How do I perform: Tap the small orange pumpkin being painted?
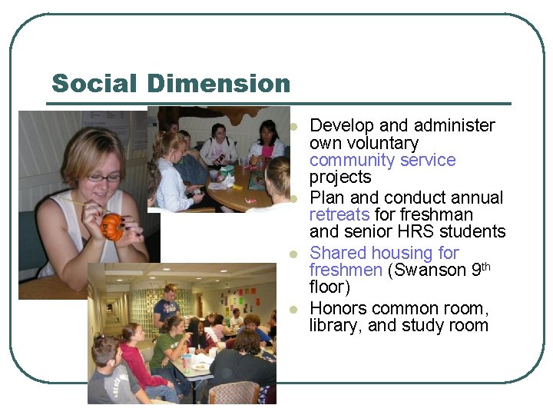[x=112, y=227]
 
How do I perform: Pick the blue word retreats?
[x=339, y=214]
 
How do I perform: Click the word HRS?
[x=416, y=231]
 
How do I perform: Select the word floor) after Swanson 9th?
[x=329, y=287]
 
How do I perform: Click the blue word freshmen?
[x=346, y=270]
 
